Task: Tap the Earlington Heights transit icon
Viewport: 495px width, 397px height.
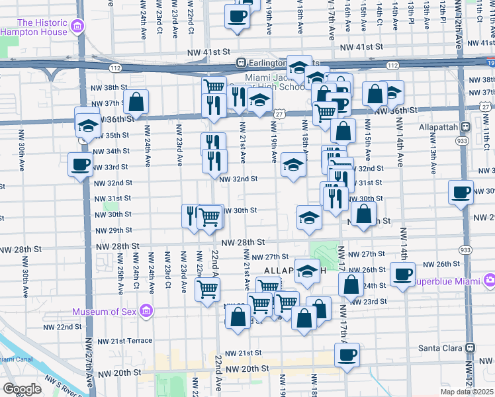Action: point(242,64)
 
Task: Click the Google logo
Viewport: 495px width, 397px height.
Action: point(22,389)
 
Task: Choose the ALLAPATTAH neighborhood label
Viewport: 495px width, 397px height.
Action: point(294,271)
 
